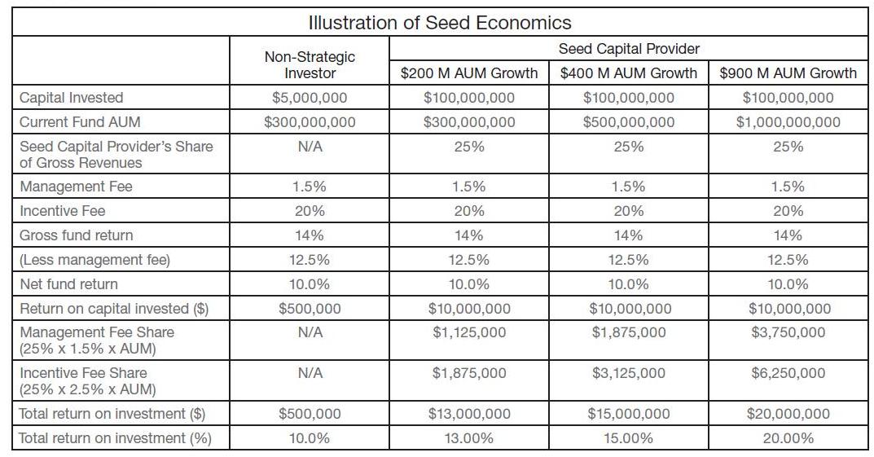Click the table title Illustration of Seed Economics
click(x=440, y=23)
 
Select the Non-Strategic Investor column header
click(x=310, y=65)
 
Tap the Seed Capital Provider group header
click(x=629, y=49)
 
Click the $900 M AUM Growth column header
click(x=788, y=73)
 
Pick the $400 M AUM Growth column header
click(x=629, y=73)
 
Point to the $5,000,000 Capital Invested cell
click(x=310, y=98)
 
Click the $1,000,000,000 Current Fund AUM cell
click(x=788, y=122)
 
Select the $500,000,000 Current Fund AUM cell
click(x=629, y=122)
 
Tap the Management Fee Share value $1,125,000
click(x=469, y=332)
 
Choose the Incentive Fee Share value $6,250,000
click(x=788, y=373)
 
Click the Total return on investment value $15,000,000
click(x=629, y=414)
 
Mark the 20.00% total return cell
click(x=788, y=438)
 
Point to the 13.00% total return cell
click(x=469, y=438)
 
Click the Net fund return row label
click(x=68, y=284)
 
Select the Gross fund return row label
click(x=76, y=235)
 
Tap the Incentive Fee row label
click(x=63, y=211)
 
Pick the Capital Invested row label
click(x=72, y=98)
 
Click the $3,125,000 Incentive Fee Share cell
click(x=629, y=373)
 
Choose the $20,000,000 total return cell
click(x=788, y=414)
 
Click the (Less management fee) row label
click(x=94, y=260)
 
